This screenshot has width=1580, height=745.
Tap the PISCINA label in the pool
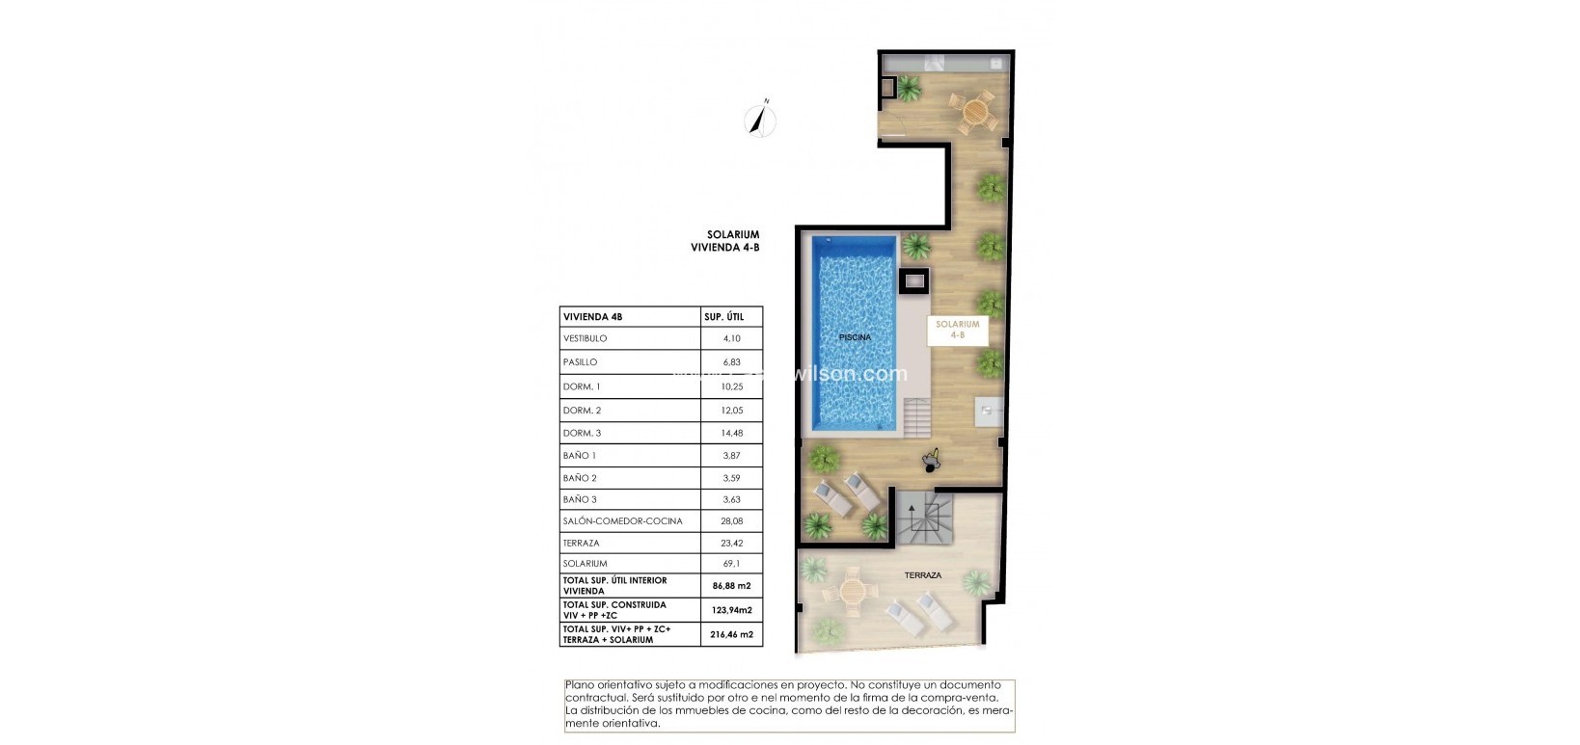tap(855, 337)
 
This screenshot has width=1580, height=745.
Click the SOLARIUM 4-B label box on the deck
tap(957, 330)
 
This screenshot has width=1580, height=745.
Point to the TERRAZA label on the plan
tap(922, 575)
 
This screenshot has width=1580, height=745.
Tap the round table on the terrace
tap(852, 592)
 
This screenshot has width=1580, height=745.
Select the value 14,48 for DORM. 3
tap(731, 433)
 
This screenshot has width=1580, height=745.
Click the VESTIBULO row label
tap(585, 338)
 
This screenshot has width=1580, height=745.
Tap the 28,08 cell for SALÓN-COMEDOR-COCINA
tap(731, 520)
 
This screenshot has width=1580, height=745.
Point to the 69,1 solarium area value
tap(731, 563)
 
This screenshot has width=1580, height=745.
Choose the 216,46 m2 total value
tap(731, 634)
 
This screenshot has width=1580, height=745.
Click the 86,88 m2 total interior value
tap(731, 585)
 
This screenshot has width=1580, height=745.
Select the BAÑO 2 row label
tap(580, 478)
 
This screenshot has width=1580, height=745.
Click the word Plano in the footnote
tap(580, 685)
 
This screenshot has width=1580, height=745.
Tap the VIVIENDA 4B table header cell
tap(593, 316)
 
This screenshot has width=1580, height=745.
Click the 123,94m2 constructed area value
tap(731, 609)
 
